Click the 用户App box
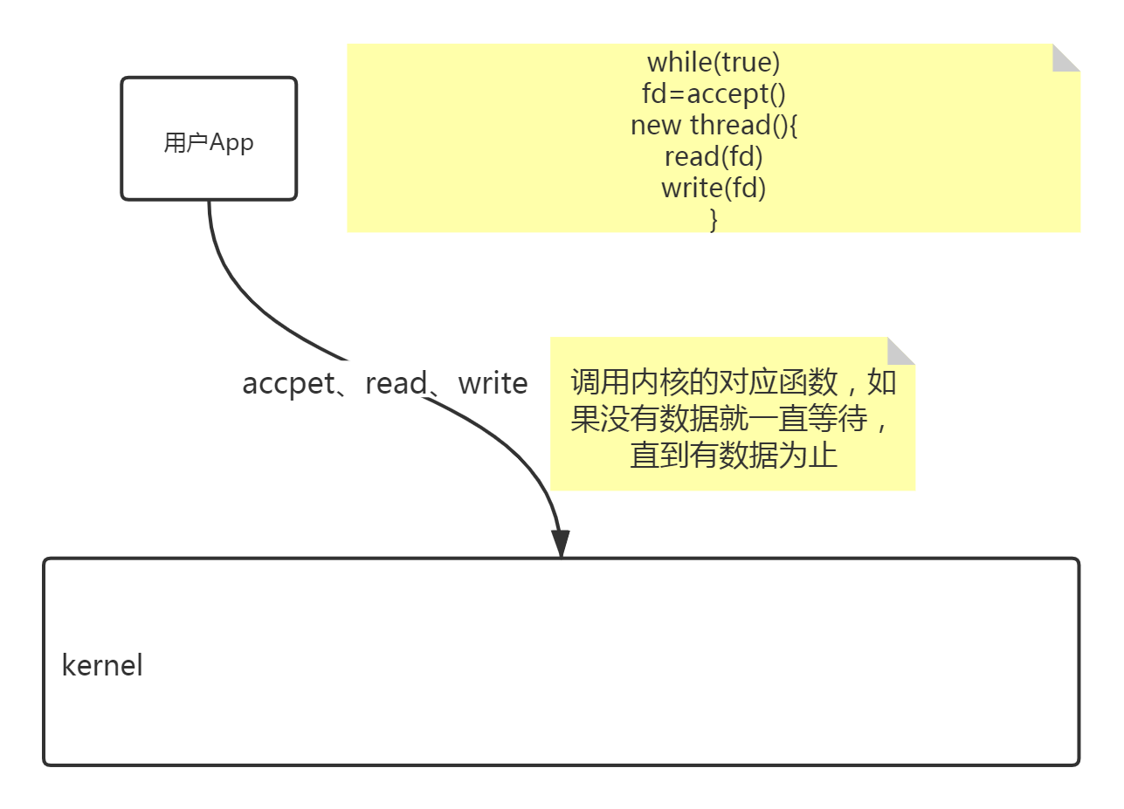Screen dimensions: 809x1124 pyautogui.click(x=209, y=138)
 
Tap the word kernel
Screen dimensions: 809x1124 pyautogui.click(x=102, y=665)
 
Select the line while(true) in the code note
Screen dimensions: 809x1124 pyautogui.click(x=714, y=62)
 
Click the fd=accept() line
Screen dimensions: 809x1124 pyautogui.click(x=714, y=93)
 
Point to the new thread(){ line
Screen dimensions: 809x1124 pyautogui.click(x=714, y=125)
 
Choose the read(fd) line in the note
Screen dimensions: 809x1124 pyautogui.click(x=714, y=157)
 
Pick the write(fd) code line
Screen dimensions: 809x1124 pyautogui.click(x=714, y=189)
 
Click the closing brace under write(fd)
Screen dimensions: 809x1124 pyautogui.click(x=714, y=219)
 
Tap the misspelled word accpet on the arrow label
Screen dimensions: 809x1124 pyautogui.click(x=288, y=383)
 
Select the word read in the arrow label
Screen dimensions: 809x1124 pyautogui.click(x=396, y=383)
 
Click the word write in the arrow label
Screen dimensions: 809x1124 pyautogui.click(x=493, y=383)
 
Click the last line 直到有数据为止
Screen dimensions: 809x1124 pyautogui.click(x=734, y=456)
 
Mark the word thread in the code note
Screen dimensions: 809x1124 pyautogui.click(x=728, y=125)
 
